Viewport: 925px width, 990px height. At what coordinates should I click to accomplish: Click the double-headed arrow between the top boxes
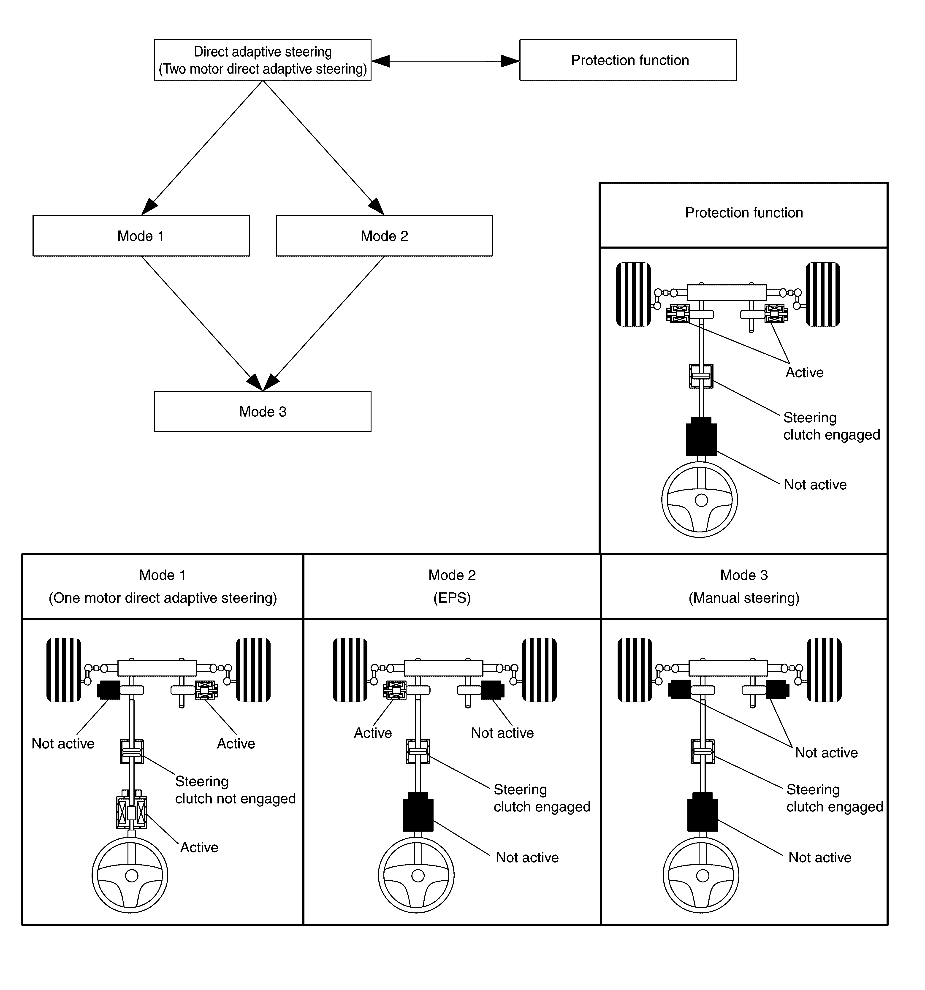[x=445, y=61]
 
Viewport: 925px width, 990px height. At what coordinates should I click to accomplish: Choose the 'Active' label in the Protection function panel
[x=804, y=372]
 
